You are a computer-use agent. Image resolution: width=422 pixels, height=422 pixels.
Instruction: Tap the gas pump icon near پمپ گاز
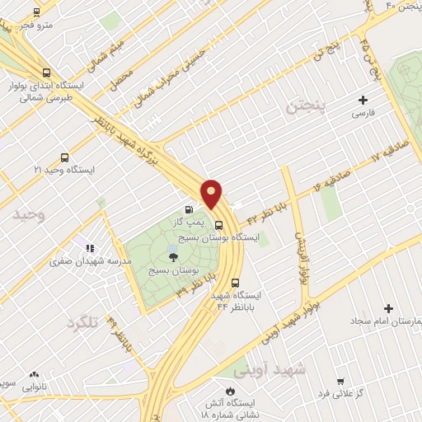pyautogui.click(x=191, y=210)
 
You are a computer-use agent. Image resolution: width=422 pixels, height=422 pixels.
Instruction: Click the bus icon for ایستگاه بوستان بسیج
pyautogui.click(x=218, y=223)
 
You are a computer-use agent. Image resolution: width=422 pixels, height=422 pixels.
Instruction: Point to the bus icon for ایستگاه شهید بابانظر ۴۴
pyautogui.click(x=236, y=281)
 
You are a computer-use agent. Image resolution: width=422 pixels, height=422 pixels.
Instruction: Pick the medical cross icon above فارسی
pyautogui.click(x=363, y=100)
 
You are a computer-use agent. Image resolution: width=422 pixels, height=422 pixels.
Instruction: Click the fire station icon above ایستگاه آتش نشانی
pyautogui.click(x=229, y=390)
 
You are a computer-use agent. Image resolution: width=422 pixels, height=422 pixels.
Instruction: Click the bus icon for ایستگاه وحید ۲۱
pyautogui.click(x=64, y=157)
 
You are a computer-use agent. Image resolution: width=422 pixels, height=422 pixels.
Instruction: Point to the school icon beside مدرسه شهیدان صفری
pyautogui.click(x=90, y=248)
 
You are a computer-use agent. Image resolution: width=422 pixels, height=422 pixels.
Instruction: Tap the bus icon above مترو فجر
pyautogui.click(x=35, y=12)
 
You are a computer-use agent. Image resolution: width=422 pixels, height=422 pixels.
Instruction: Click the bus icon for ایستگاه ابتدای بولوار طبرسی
pyautogui.click(x=45, y=72)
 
